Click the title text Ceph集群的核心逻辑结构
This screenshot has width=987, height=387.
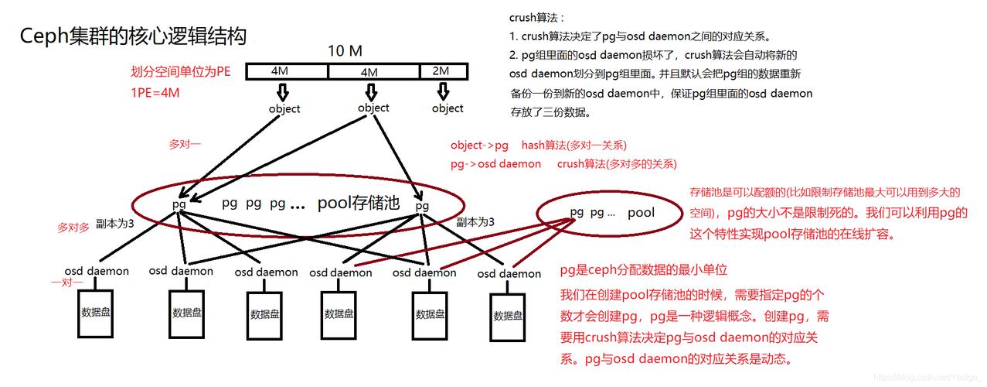pos(133,36)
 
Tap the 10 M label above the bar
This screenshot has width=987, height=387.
pos(345,51)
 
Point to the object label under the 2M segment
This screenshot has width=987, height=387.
pos(448,108)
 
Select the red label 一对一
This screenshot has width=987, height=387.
pos(66,283)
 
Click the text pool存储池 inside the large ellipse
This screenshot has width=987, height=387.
pos(359,204)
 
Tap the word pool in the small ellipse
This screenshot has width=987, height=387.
pos(641,212)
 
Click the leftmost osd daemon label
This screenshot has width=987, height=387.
pos(97,271)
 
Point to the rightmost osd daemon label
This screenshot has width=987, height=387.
pos(509,274)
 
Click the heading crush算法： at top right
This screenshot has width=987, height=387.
pos(536,17)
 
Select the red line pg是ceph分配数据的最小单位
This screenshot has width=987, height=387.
pos(643,270)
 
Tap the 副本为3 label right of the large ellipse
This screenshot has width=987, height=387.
pos(475,222)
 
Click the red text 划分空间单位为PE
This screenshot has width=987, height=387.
pos(181,72)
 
